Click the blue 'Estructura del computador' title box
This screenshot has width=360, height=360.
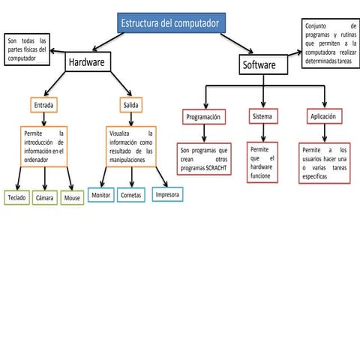coord(171,23)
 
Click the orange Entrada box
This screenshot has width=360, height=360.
coord(45,104)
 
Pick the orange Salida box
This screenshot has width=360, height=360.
coord(132,104)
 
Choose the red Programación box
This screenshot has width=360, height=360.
coord(203,117)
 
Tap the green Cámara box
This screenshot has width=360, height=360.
coord(44,198)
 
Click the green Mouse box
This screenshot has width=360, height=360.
coord(72,198)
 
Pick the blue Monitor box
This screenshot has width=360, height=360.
coord(100,195)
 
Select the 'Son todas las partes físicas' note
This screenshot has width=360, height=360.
coord(27,49)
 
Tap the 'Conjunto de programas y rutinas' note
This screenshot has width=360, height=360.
coord(331,43)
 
